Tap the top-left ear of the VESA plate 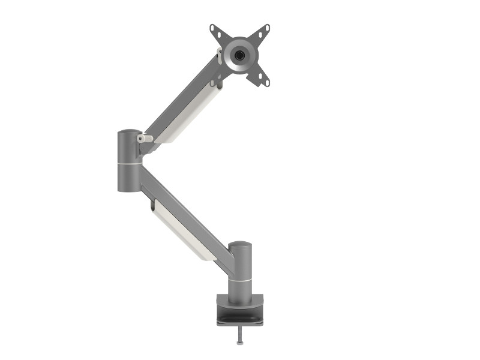tap(215, 29)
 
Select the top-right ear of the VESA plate tap(264, 29)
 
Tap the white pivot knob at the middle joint tap(145, 139)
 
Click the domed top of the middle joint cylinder tap(129, 133)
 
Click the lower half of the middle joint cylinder tap(129, 178)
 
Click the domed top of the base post tap(240, 245)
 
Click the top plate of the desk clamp tap(240, 299)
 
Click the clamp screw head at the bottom tap(240, 343)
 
